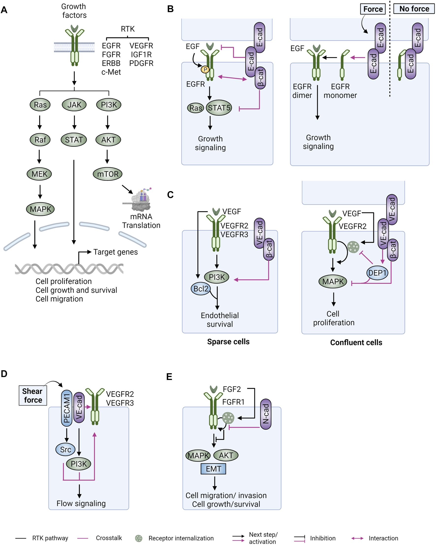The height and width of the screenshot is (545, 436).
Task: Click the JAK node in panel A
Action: pyautogui.click(x=74, y=105)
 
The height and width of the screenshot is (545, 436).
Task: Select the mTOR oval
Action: pyautogui.click(x=108, y=174)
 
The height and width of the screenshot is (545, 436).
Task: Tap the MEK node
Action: pyautogui.click(x=39, y=174)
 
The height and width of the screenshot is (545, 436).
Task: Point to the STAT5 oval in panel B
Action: pyautogui.click(x=219, y=108)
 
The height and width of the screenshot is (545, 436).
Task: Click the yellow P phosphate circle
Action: pyautogui.click(x=205, y=69)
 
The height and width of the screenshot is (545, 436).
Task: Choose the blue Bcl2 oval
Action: pyautogui.click(x=201, y=289)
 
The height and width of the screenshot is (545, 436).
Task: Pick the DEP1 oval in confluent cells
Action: pyautogui.click(x=377, y=273)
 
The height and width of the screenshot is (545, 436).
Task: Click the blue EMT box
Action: pyautogui.click(x=213, y=469)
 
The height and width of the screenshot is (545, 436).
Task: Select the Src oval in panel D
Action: pyautogui.click(x=65, y=449)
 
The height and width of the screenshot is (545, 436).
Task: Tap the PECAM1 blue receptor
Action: pyautogui.click(x=66, y=408)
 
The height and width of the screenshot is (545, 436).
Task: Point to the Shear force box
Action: pyautogui.click(x=33, y=396)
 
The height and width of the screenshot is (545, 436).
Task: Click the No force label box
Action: pyautogui.click(x=414, y=9)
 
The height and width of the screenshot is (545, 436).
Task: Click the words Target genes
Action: pyautogui.click(x=115, y=252)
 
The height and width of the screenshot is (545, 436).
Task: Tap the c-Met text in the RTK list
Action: pyautogui.click(x=111, y=72)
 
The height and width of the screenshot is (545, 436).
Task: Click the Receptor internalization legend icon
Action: pyautogui.click(x=139, y=538)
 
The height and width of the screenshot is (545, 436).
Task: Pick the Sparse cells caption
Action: pyautogui.click(x=228, y=342)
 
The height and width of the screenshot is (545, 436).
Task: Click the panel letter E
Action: pyautogui.click(x=169, y=377)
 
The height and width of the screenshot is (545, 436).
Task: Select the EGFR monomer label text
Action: pyautogui.click(x=340, y=91)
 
